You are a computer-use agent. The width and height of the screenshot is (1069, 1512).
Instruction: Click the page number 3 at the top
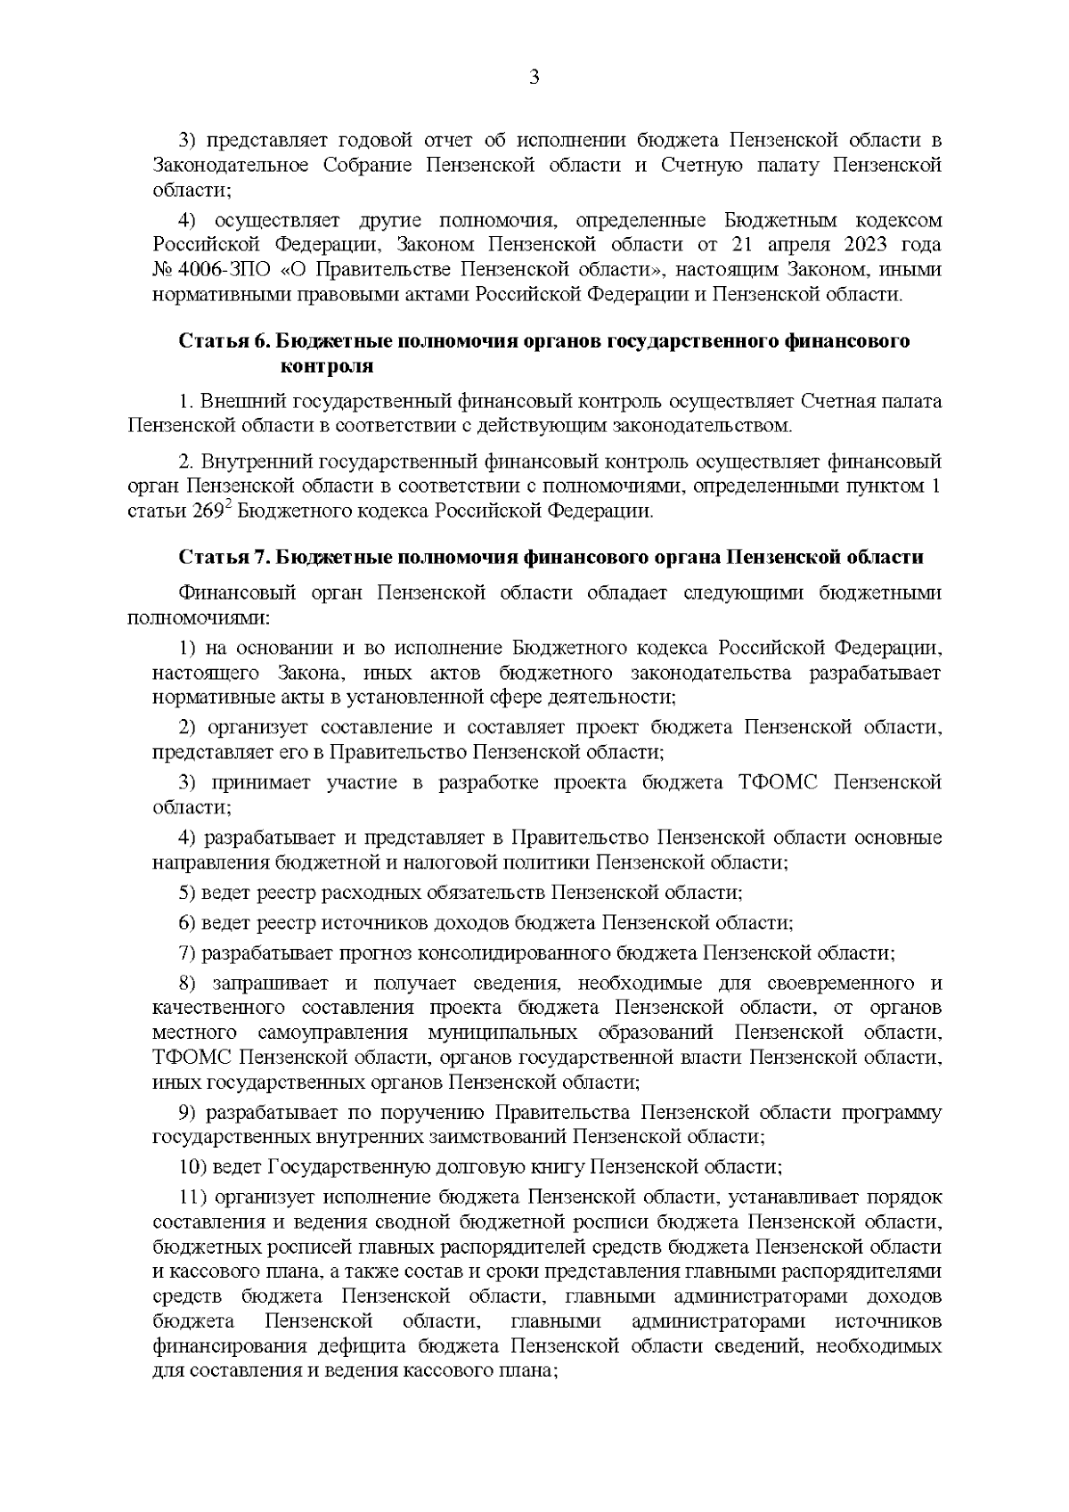pyautogui.click(x=534, y=77)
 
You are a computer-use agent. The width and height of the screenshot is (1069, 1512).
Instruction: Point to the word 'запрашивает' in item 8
pyautogui.click(x=263, y=984)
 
